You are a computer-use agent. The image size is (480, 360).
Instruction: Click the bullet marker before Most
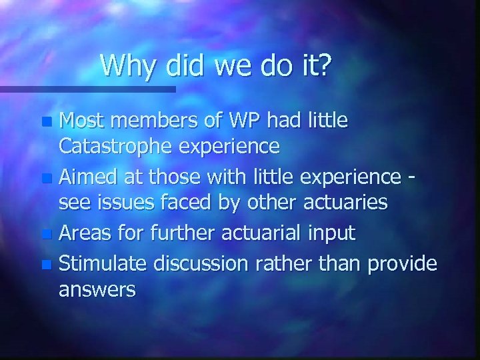point(45,123)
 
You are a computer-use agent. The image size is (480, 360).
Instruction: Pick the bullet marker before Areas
point(45,235)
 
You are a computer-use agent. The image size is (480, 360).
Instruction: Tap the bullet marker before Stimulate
point(45,264)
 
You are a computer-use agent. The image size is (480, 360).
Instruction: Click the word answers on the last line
point(97,291)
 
